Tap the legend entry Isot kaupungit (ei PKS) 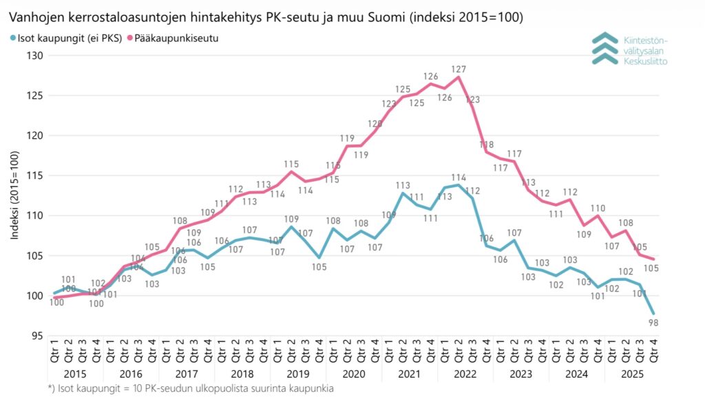pyautogui.click(x=66, y=39)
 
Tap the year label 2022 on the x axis pyautogui.click(x=465, y=374)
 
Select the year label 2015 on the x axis pyautogui.click(x=75, y=374)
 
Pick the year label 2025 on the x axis pyautogui.click(x=631, y=374)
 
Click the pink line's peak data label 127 pyautogui.click(x=459, y=70)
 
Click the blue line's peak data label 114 pyautogui.click(x=459, y=178)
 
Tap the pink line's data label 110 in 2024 pyautogui.click(x=598, y=209)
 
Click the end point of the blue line pyautogui.click(x=653, y=313)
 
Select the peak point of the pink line pyautogui.click(x=459, y=76)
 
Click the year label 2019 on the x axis pyautogui.click(x=297, y=374)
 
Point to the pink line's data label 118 pyautogui.click(x=487, y=145)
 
